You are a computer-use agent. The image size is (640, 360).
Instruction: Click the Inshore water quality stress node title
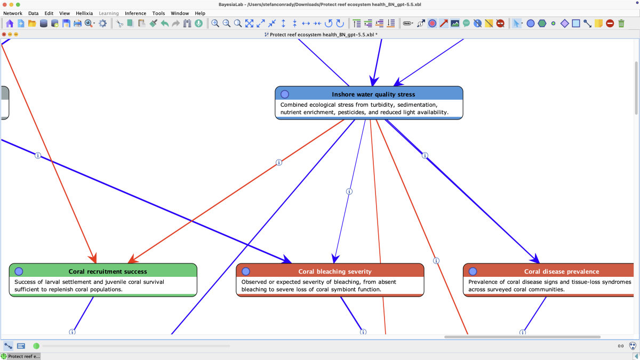tap(373, 94)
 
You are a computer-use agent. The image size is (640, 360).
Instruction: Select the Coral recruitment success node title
tap(108, 271)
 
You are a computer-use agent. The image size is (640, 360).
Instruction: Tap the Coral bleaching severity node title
tap(335, 271)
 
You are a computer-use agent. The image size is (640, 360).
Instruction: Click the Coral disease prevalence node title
tap(562, 271)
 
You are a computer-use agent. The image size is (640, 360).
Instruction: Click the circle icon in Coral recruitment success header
tap(19, 271)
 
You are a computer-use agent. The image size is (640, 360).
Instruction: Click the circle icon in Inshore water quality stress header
tap(285, 94)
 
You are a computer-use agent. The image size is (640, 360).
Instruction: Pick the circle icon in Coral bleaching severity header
tap(246, 271)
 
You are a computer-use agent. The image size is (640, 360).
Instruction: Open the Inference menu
tap(135, 13)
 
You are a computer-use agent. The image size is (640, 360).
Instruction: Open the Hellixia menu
tap(84, 13)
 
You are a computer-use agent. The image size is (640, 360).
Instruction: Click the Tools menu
tap(158, 13)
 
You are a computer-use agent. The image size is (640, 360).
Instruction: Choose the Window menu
tap(180, 13)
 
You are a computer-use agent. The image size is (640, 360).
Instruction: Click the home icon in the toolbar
tap(10, 23)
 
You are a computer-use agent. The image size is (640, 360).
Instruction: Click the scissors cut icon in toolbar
tap(119, 23)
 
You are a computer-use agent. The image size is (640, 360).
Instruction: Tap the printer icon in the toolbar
tap(77, 23)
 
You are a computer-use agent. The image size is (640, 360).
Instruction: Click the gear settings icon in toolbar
tap(102, 23)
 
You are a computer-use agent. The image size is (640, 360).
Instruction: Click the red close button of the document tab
tap(4, 34)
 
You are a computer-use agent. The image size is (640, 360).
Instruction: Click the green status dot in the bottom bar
tap(36, 346)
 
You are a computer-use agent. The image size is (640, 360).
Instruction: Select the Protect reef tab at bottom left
tap(21, 356)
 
